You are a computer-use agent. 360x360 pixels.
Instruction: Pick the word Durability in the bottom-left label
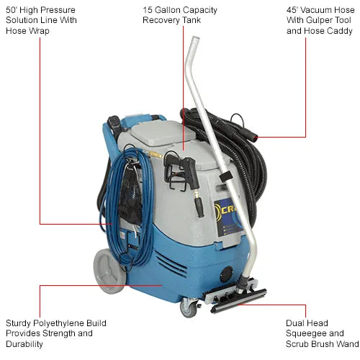(24, 344)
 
